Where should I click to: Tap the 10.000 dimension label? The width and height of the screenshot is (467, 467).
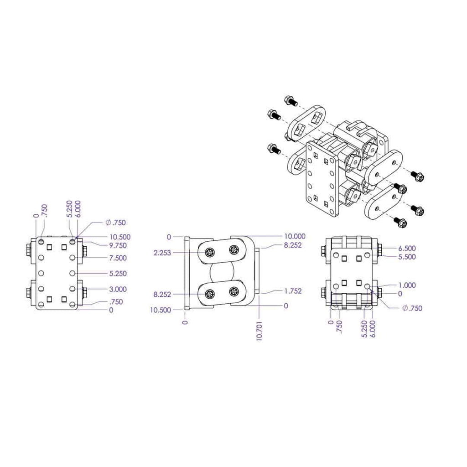295,236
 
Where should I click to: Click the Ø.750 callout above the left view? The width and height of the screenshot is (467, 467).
115,223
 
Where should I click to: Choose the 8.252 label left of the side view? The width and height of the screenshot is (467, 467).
162,295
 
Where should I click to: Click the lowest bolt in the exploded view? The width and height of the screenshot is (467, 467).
400,222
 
